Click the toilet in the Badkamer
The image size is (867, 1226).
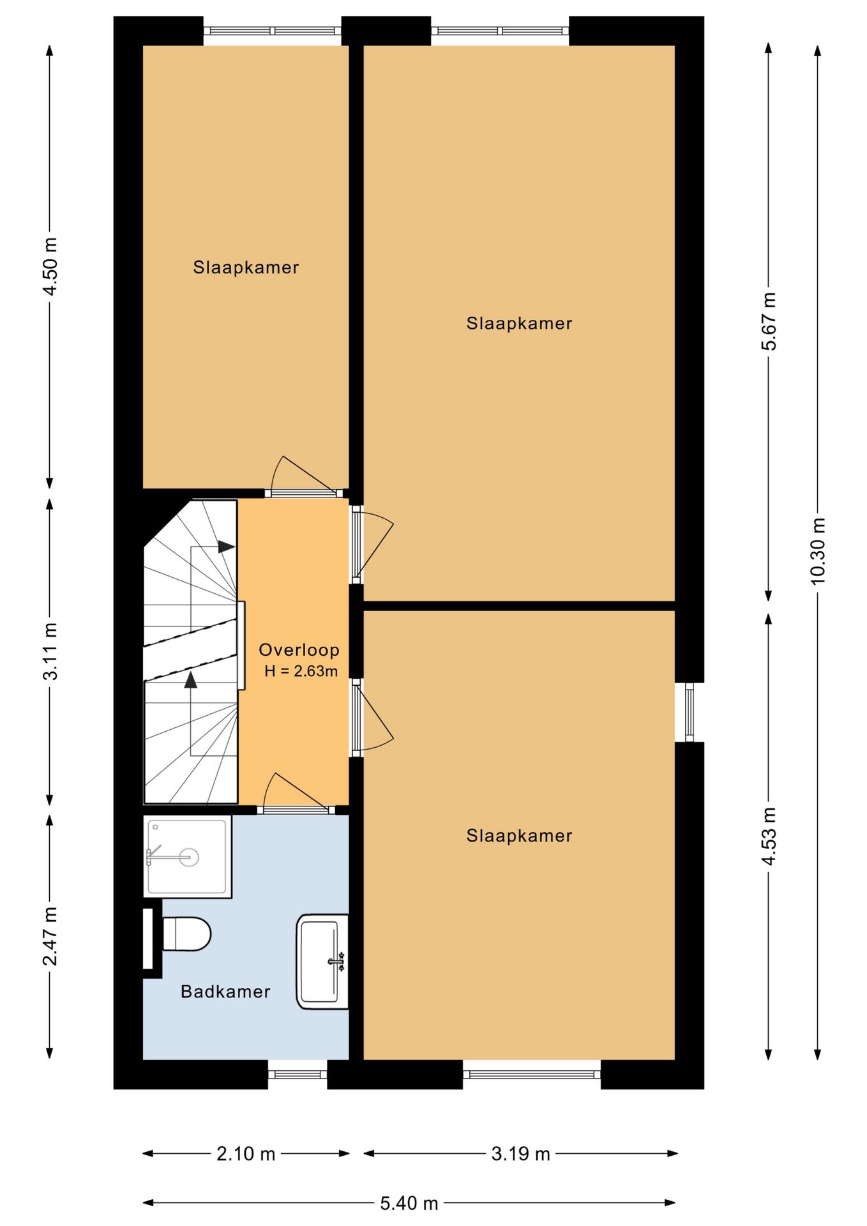186,934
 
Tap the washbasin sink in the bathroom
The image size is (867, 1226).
322,962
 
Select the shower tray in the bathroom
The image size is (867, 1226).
187,857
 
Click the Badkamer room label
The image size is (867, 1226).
225,992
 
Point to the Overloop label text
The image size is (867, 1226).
299,650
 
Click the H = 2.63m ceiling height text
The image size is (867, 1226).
301,671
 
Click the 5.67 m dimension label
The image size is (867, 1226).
769,321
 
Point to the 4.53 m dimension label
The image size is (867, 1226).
769,836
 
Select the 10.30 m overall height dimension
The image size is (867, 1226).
818,551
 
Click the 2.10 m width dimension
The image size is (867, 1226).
246,1154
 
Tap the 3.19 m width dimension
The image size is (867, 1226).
520,1154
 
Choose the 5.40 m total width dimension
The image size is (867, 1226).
409,1204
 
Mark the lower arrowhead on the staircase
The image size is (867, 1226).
190,679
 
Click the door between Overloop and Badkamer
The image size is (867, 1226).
296,810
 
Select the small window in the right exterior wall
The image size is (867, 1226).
690,712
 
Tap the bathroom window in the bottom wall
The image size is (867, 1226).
298,1074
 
